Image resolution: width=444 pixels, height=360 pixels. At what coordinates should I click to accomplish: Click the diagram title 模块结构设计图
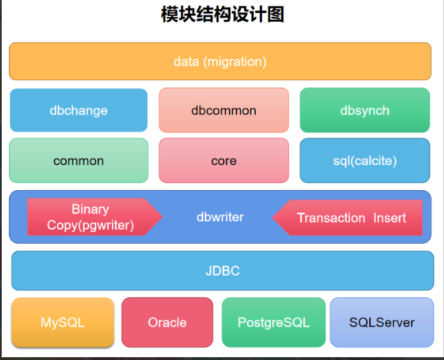coord(222,15)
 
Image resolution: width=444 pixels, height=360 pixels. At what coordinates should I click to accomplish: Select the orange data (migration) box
coord(220,61)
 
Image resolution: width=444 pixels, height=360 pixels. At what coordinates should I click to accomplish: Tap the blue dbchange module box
coord(78,110)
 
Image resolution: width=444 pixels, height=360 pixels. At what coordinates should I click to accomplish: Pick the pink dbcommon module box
coord(223,110)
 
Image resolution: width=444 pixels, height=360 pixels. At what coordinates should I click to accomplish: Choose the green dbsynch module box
coord(364,110)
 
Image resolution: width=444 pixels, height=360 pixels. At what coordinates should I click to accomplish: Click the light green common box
coord(78,161)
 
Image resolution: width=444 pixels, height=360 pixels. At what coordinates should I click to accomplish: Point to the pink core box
coord(223,161)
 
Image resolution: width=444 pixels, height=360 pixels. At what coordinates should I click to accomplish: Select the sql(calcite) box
coord(364,161)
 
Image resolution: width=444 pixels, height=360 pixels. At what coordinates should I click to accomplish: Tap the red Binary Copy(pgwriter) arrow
coord(91,217)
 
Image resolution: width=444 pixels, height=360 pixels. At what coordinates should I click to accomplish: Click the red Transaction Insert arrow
coord(350,218)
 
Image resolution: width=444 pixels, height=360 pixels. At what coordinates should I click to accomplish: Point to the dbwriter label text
coord(220,217)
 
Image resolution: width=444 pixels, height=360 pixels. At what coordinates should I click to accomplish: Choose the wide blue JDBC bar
coord(222,271)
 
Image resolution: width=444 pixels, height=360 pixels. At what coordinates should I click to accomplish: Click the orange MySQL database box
coord(62,322)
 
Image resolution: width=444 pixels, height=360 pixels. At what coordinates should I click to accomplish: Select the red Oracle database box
coord(167,322)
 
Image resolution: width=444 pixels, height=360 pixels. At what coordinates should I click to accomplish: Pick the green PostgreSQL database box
coord(273,322)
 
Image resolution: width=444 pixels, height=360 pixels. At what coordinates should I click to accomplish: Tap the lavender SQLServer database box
coord(382,322)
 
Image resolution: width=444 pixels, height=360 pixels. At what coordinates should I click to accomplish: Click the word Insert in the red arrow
coord(390,218)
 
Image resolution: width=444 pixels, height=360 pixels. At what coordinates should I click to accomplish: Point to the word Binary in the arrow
coord(90,210)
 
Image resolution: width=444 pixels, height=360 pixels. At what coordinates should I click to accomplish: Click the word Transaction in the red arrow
coord(331,218)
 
